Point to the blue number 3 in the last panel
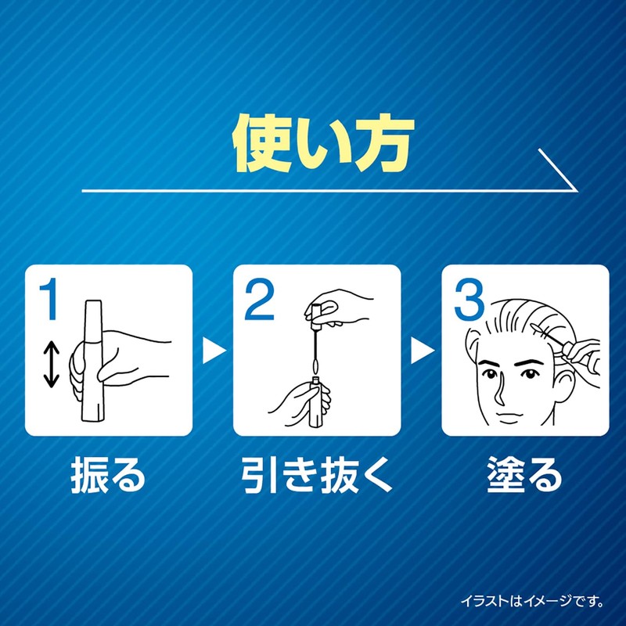(x=468, y=301)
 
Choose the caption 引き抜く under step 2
(x=317, y=474)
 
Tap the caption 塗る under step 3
(x=525, y=474)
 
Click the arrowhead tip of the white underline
(x=577, y=189)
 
